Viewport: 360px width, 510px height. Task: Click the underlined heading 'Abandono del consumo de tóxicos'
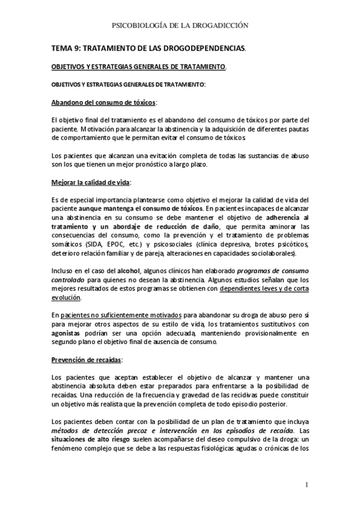click(x=103, y=103)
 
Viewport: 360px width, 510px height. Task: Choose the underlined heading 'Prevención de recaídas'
click(x=87, y=360)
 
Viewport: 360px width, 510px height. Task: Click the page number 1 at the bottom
click(x=306, y=485)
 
